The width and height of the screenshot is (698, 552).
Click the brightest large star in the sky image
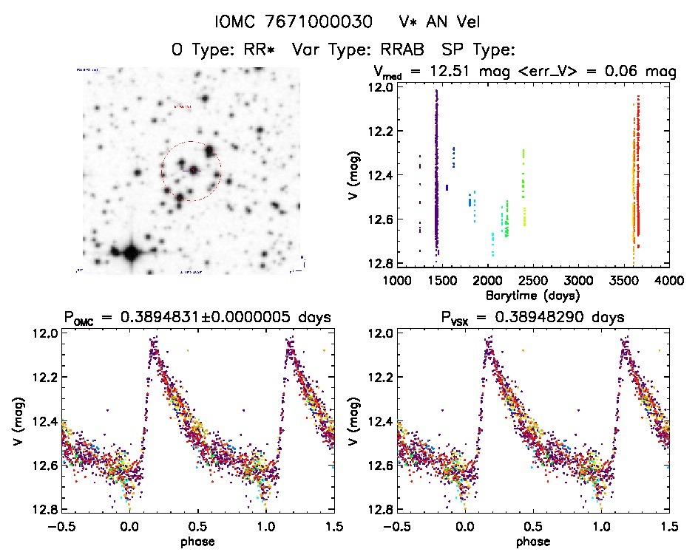coord(131,253)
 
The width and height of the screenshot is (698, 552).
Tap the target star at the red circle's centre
coord(194,171)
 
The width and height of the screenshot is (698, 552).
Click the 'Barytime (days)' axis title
coord(532,295)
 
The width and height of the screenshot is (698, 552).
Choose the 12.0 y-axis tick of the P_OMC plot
coord(40,333)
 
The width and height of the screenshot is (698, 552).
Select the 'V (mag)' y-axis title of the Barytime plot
coord(356,176)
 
